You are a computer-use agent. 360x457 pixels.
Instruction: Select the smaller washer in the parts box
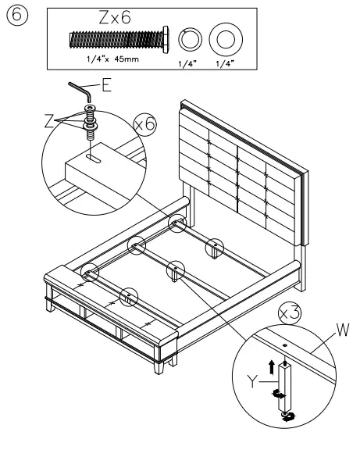(189, 38)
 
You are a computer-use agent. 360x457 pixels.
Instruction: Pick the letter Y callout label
(251, 382)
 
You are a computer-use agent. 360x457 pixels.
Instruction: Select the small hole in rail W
(286, 345)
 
